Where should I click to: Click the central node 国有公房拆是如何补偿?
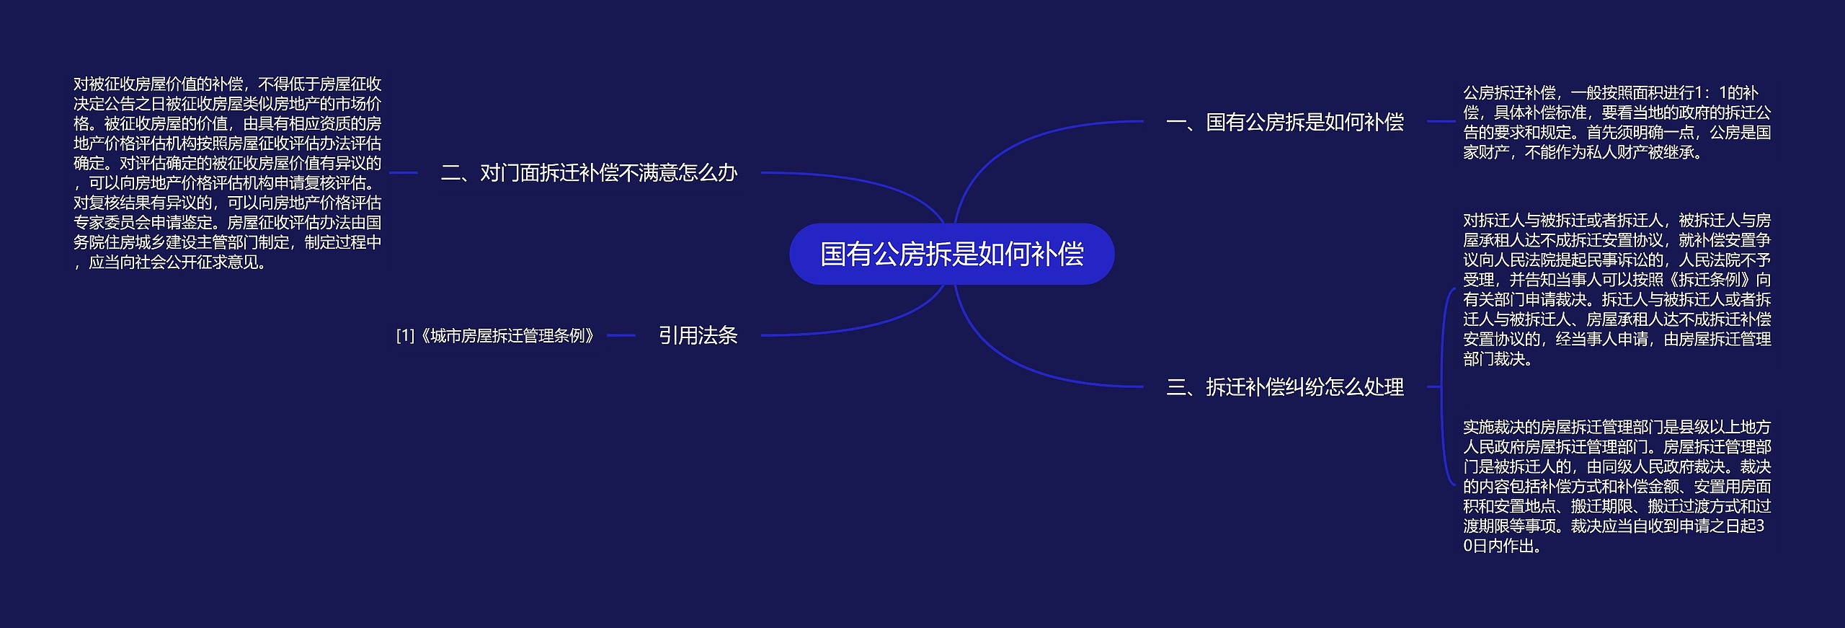click(952, 254)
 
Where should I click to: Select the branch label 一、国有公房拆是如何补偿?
click(1285, 122)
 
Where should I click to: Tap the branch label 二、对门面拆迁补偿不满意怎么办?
click(589, 173)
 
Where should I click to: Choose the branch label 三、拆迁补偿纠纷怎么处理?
click(1285, 387)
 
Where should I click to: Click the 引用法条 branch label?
click(698, 335)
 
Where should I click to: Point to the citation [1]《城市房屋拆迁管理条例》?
click(495, 336)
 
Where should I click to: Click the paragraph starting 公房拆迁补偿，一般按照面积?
click(1617, 123)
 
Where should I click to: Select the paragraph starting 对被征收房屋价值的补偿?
click(228, 173)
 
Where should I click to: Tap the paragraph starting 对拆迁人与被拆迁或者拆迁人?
click(1617, 289)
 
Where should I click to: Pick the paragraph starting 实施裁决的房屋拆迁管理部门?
click(1617, 487)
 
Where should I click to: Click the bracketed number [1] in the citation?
click(406, 336)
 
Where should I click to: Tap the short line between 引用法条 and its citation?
click(621, 335)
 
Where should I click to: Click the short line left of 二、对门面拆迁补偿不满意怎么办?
click(404, 173)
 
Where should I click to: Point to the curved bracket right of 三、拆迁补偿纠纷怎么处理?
click(1444, 387)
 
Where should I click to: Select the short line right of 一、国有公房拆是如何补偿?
click(1441, 122)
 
